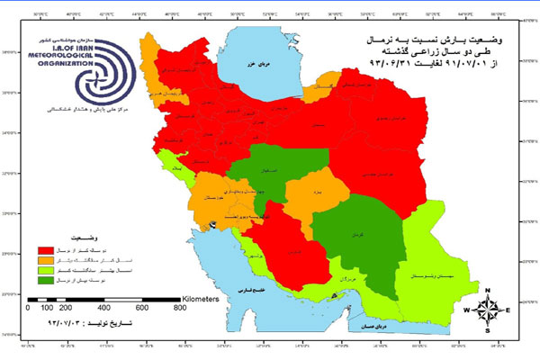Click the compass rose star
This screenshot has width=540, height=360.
pyautogui.click(x=487, y=309)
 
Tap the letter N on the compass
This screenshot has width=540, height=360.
pyautogui.click(x=487, y=288)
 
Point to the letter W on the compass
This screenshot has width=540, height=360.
pyautogui.click(x=466, y=310)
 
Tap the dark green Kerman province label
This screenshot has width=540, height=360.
pyautogui.click(x=366, y=233)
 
